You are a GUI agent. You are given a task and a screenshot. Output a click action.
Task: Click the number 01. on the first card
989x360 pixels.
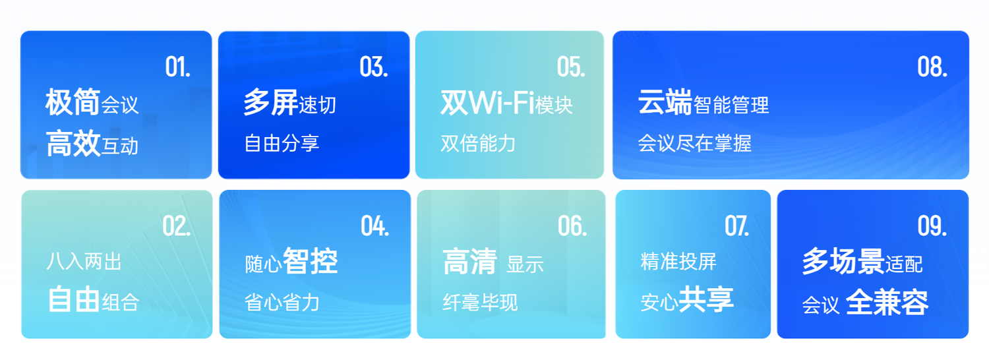pos(178,67)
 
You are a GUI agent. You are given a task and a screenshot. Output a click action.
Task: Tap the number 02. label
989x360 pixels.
pos(177,226)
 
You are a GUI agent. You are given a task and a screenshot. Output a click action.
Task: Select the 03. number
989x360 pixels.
pos(374,67)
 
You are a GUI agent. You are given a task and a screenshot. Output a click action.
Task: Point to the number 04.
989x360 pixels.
pos(375,226)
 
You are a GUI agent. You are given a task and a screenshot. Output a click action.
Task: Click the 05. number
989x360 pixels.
pos(571,67)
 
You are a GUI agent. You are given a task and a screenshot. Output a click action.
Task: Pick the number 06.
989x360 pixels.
pos(572,226)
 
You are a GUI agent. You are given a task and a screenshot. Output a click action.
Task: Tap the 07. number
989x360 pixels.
pos(737,226)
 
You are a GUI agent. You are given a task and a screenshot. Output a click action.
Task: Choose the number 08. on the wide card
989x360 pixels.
pos(932,67)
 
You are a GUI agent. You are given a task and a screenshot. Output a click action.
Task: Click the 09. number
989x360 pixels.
pos(932,226)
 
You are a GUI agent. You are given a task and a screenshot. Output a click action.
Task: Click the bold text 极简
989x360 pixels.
pos(73,102)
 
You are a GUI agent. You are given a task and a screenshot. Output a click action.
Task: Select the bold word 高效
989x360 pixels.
pos(73,143)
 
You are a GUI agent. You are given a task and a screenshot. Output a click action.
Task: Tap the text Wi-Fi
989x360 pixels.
pos(502,103)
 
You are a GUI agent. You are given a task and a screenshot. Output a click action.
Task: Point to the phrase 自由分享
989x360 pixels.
pos(282,143)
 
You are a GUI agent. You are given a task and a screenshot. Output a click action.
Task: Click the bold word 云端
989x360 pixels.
pos(665,102)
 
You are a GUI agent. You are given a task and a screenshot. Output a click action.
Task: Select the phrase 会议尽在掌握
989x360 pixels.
pos(694,143)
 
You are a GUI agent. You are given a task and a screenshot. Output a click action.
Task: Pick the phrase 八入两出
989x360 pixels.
pos(84,262)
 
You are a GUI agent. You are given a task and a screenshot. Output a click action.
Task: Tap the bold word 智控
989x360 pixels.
pos(311,261)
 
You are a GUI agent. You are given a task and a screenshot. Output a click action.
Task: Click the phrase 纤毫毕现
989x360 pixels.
pos(480,303)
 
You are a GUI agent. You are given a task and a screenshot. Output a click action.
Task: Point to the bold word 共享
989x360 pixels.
pos(706,299)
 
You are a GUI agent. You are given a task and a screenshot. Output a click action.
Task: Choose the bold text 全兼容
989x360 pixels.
pos(887,302)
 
